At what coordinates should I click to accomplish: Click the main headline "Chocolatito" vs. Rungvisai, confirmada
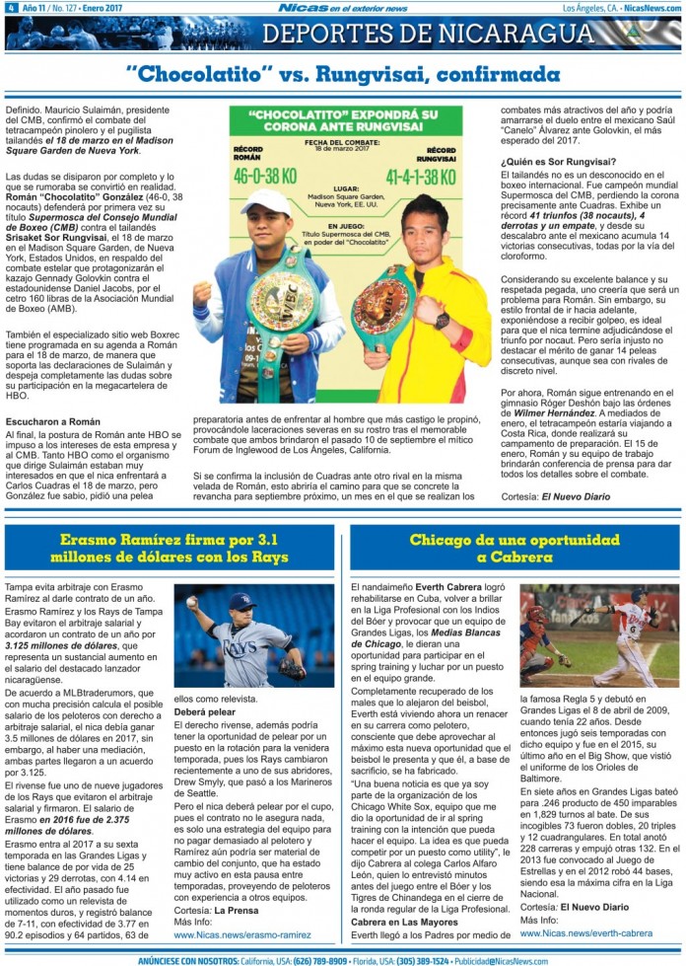point(343,75)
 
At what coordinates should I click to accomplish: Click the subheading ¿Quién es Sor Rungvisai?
point(559,161)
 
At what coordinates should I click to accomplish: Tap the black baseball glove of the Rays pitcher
point(291,669)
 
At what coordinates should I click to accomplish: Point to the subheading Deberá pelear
point(205,710)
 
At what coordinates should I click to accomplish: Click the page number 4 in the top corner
point(9,8)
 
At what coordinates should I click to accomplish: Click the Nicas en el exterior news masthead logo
point(342,8)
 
